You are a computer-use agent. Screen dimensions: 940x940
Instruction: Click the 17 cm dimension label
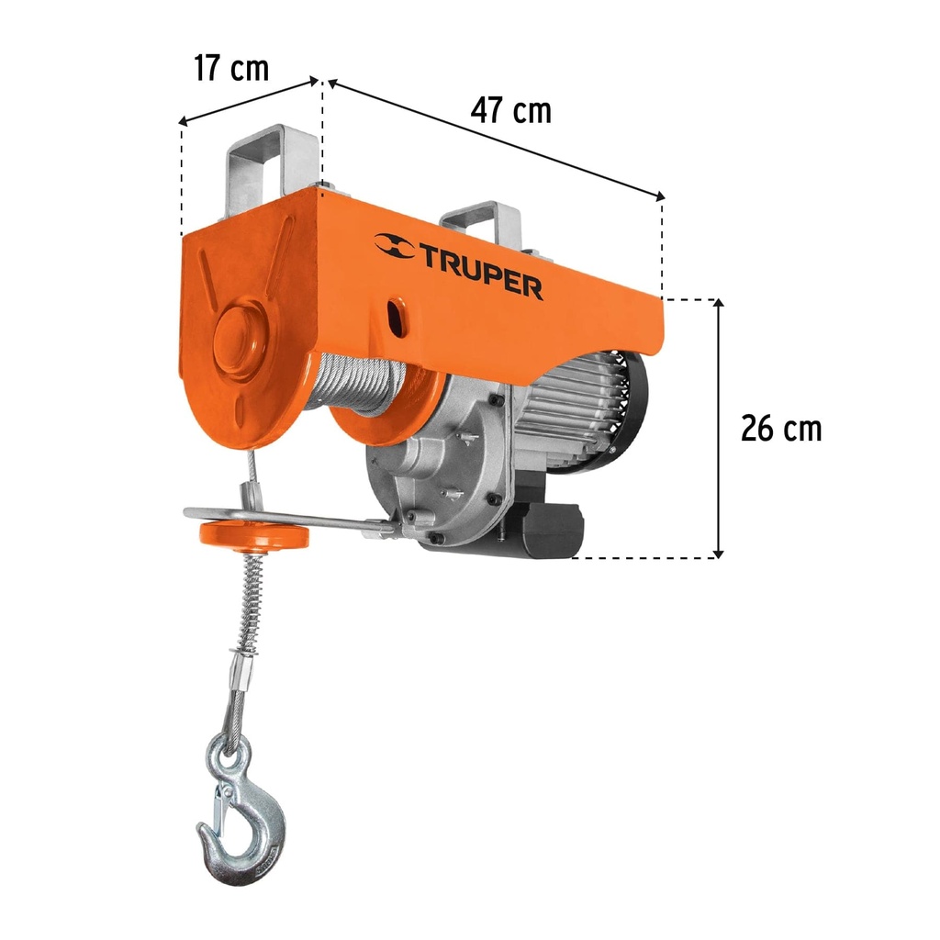point(231,68)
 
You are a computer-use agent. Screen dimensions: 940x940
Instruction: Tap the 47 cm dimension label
point(511,110)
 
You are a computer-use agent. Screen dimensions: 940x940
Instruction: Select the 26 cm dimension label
point(781,428)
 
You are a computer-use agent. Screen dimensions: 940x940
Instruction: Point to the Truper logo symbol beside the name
point(394,245)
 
